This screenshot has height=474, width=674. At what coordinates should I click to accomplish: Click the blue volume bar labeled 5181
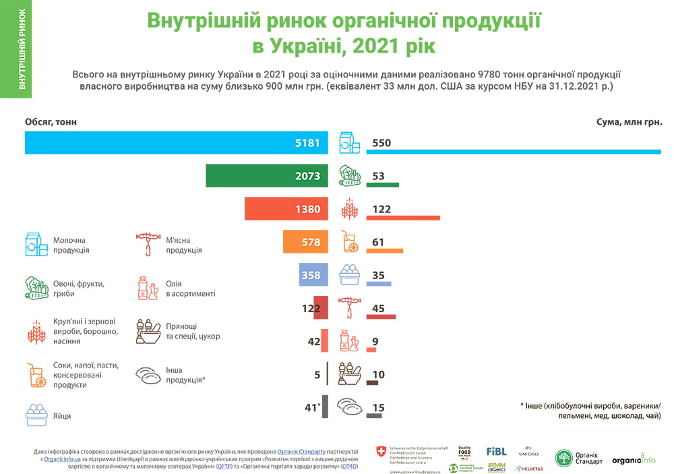pos(176,143)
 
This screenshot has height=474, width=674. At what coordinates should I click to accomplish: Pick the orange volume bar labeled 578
pos(304,242)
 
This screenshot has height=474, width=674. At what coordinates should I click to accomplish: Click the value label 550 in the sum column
pos(381,143)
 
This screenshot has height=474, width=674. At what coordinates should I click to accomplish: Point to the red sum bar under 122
pos(403,218)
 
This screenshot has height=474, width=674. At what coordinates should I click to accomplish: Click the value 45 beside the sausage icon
pos(379,309)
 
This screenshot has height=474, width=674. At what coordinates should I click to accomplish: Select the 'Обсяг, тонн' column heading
pos(51,122)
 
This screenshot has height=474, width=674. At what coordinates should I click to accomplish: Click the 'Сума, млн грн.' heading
pos(630,122)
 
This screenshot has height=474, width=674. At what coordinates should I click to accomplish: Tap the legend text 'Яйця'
pos(62,416)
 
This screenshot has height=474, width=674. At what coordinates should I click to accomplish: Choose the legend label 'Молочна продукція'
pos(71,245)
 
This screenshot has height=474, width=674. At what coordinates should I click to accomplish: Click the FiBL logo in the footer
pos(496,452)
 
